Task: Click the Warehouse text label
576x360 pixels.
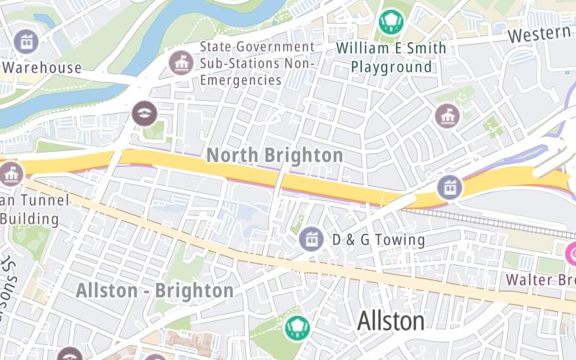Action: [x=42, y=68]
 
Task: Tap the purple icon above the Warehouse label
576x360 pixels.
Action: [x=27, y=41]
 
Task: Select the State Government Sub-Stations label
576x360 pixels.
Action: [x=257, y=63]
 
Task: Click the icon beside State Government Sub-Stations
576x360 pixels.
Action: [x=180, y=63]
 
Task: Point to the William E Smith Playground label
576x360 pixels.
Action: [x=392, y=58]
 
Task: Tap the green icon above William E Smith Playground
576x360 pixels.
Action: [x=391, y=22]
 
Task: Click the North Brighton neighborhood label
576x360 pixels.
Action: [x=274, y=155]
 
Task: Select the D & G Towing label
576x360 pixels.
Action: [x=378, y=239]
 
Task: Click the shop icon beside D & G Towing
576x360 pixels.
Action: [x=311, y=239]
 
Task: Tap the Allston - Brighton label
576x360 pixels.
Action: [x=155, y=291]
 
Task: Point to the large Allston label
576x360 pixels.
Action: [x=390, y=320]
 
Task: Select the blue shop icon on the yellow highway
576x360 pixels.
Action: [x=450, y=188]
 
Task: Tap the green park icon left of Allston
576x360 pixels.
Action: [x=296, y=328]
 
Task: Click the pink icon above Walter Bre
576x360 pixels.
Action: [x=572, y=253]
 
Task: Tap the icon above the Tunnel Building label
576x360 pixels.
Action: [x=10, y=174]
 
